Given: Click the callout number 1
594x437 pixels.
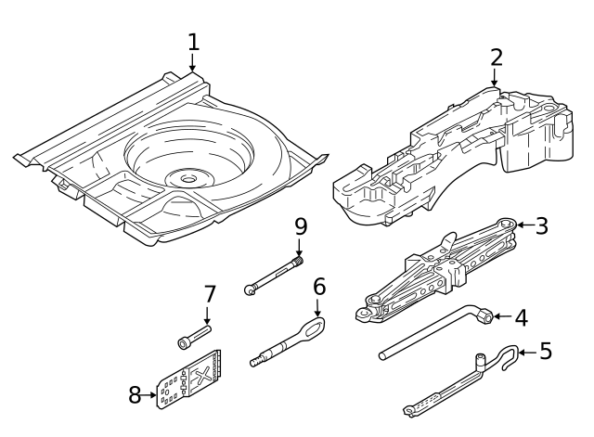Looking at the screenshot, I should click(x=193, y=42).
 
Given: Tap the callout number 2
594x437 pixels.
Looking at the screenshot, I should click(x=497, y=57).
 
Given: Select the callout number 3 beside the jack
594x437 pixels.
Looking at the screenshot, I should click(x=543, y=225).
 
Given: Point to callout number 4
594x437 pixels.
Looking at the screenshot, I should click(x=521, y=317).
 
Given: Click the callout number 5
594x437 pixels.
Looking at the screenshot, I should click(x=545, y=352).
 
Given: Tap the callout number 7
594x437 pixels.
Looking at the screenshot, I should click(x=210, y=295).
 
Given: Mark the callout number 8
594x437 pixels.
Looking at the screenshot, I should click(x=136, y=394).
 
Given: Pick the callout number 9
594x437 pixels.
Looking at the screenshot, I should click(x=300, y=225).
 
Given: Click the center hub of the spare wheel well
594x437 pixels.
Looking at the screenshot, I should click(x=188, y=176).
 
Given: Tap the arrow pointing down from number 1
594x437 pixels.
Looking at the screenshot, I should click(x=193, y=63).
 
